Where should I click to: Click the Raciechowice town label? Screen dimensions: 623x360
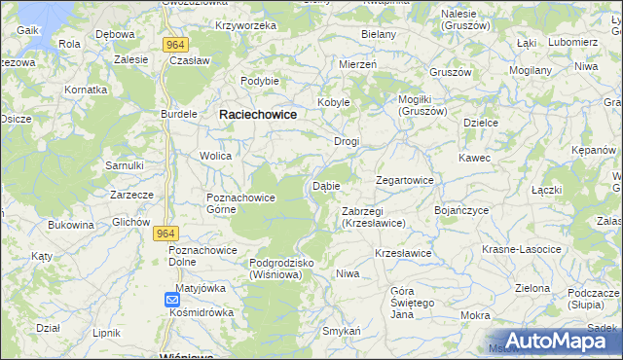pyautogui.click(x=258, y=114)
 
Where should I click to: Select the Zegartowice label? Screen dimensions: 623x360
pyautogui.click(x=405, y=181)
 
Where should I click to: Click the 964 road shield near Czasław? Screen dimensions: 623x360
pyautogui.click(x=175, y=45)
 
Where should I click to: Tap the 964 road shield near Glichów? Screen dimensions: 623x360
pyautogui.click(x=166, y=234)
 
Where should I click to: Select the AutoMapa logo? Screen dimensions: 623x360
pyautogui.click(x=556, y=341)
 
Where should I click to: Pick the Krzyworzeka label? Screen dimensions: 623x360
pyautogui.click(x=246, y=25)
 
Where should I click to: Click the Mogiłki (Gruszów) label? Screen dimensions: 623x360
pyautogui.click(x=422, y=105)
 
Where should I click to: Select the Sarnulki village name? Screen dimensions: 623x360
pyautogui.click(x=126, y=165)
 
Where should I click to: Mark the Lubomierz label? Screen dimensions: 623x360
pyautogui.click(x=572, y=43)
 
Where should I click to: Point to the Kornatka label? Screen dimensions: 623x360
pyautogui.click(x=85, y=89)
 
